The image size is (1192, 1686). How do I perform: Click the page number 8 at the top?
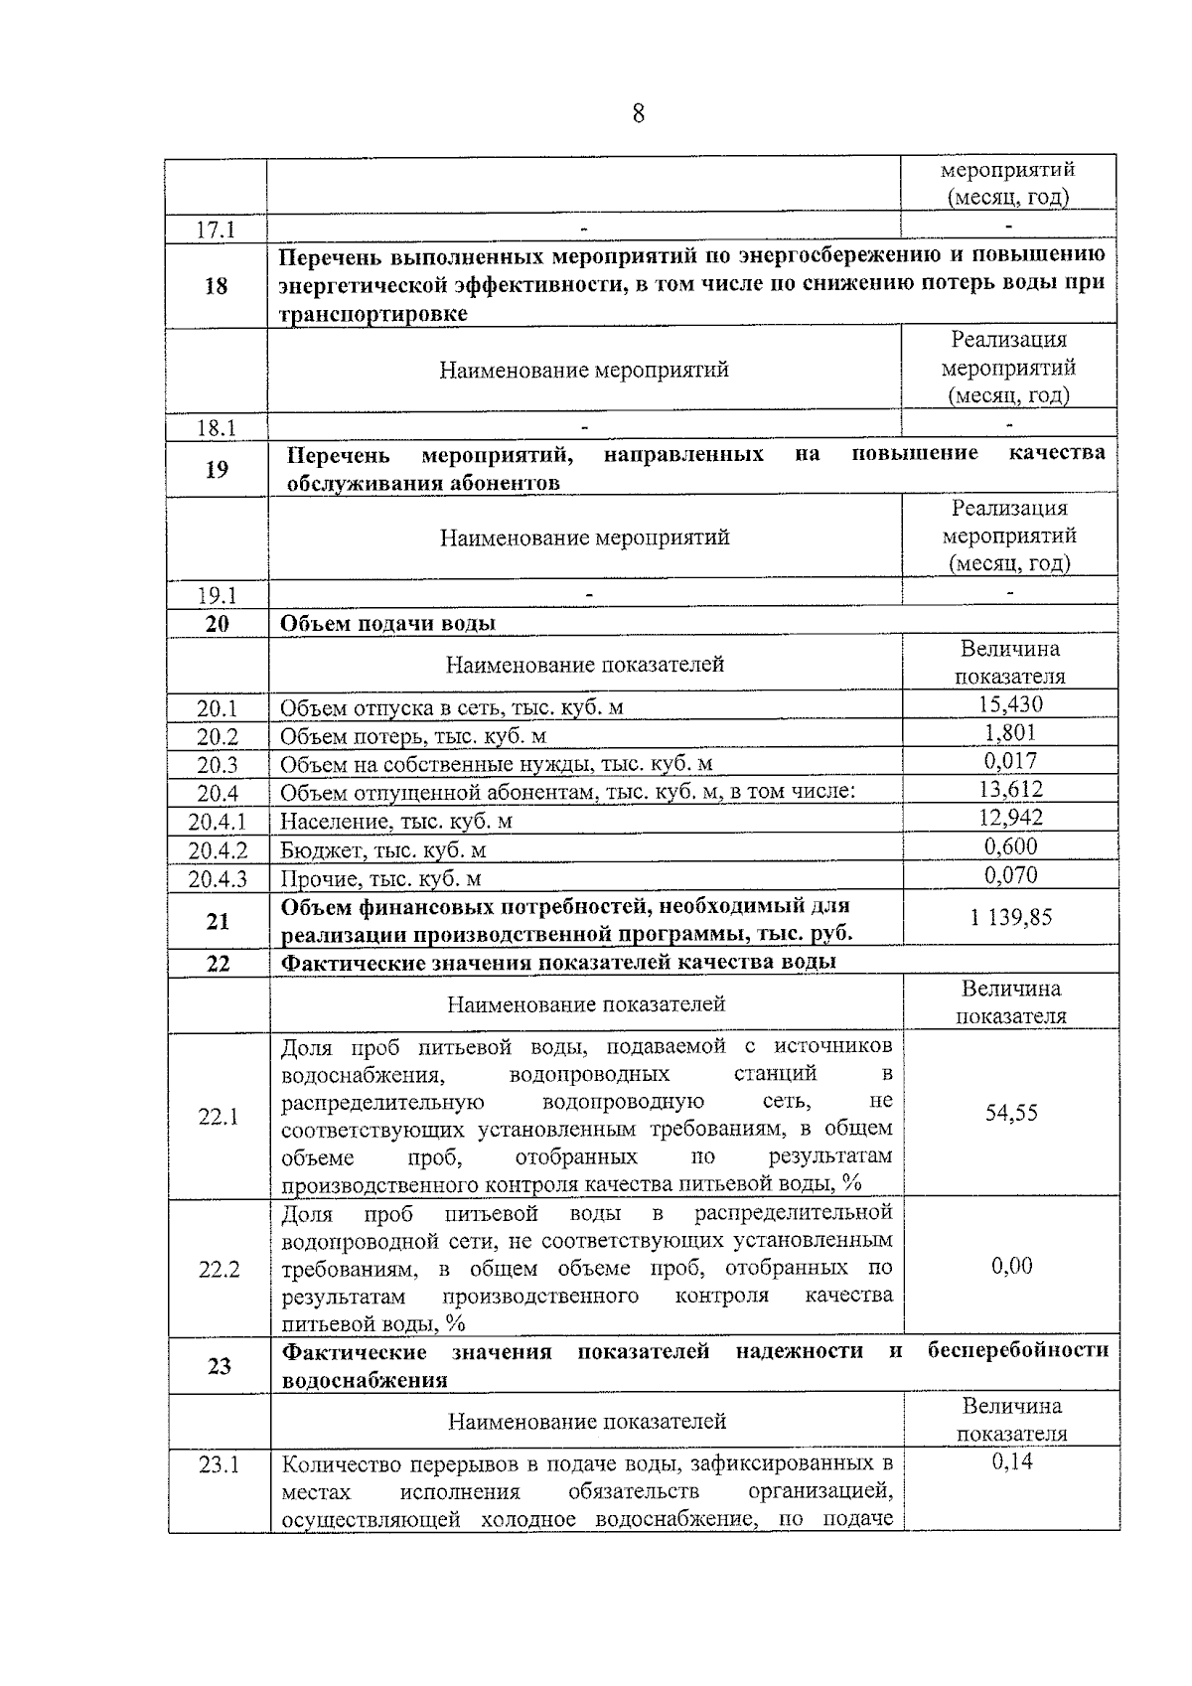(x=638, y=114)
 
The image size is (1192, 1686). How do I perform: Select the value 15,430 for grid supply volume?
(x=1010, y=704)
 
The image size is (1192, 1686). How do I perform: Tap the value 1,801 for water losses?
(x=1010, y=733)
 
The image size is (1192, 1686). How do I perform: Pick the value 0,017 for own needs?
(x=1010, y=761)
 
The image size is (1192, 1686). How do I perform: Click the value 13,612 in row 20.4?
(x=1010, y=790)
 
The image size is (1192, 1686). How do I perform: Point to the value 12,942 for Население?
(x=1010, y=818)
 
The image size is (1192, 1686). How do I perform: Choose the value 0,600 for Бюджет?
(x=1010, y=846)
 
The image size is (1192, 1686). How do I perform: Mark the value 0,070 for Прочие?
(x=1010, y=875)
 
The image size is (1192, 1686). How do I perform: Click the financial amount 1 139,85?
(x=1010, y=917)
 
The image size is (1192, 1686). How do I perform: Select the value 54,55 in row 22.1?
(x=1011, y=1113)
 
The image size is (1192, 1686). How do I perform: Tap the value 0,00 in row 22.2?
(x=1011, y=1266)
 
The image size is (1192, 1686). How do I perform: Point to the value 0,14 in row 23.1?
(x=1011, y=1461)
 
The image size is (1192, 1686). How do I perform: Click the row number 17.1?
(x=216, y=230)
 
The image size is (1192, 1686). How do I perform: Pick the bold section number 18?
(x=216, y=286)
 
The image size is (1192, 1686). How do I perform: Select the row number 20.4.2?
(x=218, y=850)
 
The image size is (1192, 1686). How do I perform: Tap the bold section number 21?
(x=218, y=922)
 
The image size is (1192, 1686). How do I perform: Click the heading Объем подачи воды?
(x=387, y=624)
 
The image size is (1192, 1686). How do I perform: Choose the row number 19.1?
(x=217, y=596)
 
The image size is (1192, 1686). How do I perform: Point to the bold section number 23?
(x=220, y=1366)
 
